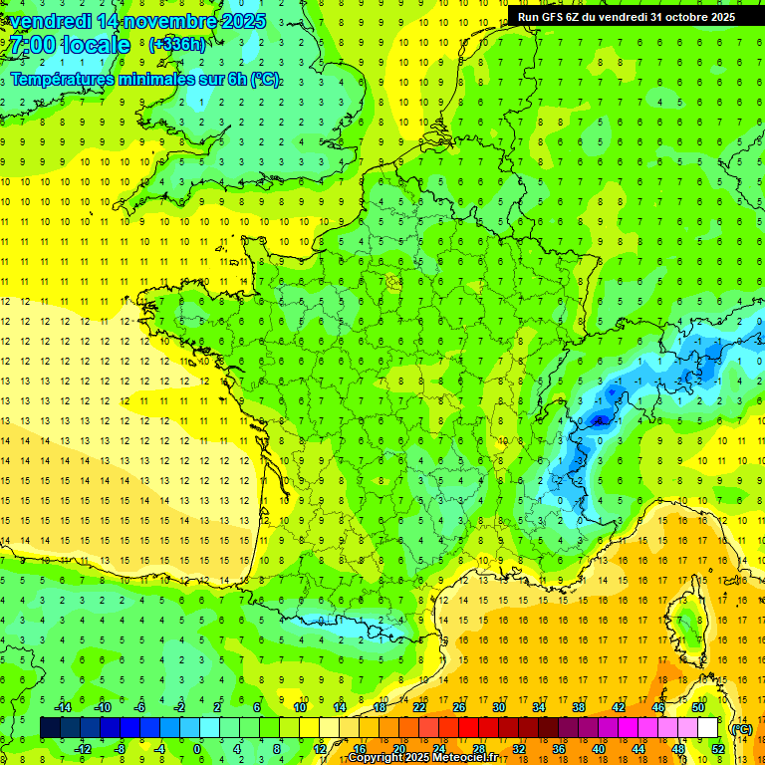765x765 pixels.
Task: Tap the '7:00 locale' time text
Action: (71, 45)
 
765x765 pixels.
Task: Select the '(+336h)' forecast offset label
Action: (177, 45)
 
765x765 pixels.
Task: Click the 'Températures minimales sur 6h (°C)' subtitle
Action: (145, 80)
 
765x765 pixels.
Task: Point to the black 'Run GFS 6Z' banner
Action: (626, 17)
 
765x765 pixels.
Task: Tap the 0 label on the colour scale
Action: (197, 749)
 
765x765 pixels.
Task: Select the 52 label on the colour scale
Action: (718, 749)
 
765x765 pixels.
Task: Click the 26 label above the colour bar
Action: (459, 707)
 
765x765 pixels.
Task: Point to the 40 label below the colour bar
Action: (599, 749)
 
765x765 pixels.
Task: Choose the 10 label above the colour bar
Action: (300, 707)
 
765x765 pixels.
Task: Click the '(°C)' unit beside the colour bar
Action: (741, 729)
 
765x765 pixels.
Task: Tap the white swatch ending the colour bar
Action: (708, 728)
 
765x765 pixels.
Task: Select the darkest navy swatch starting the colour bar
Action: (50, 728)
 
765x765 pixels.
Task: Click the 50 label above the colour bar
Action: (698, 707)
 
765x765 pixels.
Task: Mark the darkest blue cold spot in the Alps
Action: (600, 420)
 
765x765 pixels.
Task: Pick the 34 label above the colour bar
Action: (539, 707)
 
